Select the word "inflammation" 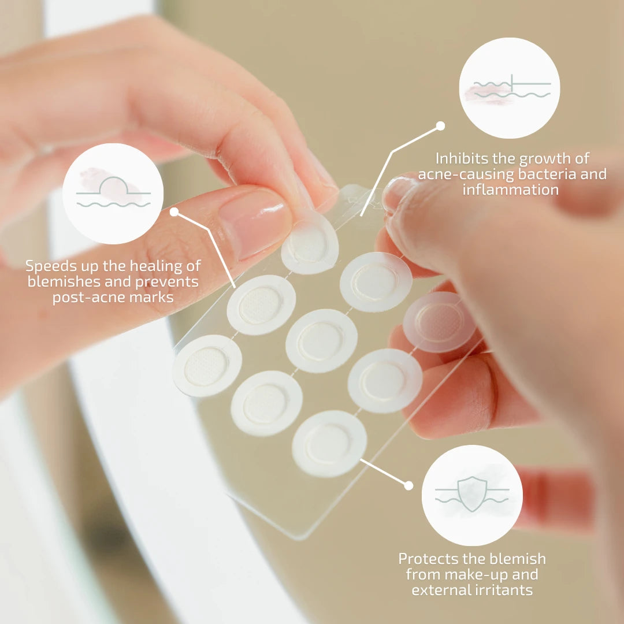(x=511, y=190)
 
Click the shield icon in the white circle (x=473, y=493)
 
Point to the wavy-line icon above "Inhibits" (x=512, y=88)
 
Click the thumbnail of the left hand (x=255, y=224)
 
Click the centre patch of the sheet (x=321, y=341)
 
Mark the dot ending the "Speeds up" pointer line (x=174, y=211)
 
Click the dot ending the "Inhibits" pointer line (x=440, y=126)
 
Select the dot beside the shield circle (x=408, y=485)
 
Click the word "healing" (x=157, y=266)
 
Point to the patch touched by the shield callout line (x=329, y=444)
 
